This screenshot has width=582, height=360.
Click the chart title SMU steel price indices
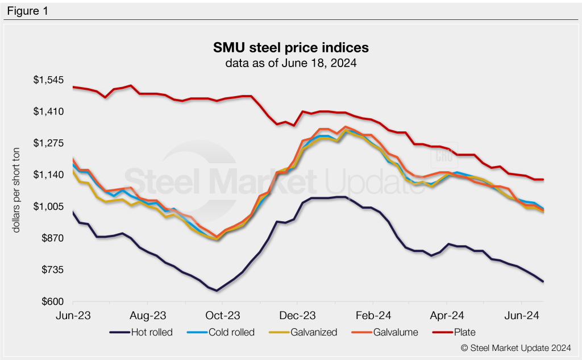point(290,46)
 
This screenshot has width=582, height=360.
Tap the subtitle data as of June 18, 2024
point(290,63)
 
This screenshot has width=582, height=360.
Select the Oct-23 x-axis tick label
point(223,315)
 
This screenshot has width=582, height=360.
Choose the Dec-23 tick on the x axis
point(298,315)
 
